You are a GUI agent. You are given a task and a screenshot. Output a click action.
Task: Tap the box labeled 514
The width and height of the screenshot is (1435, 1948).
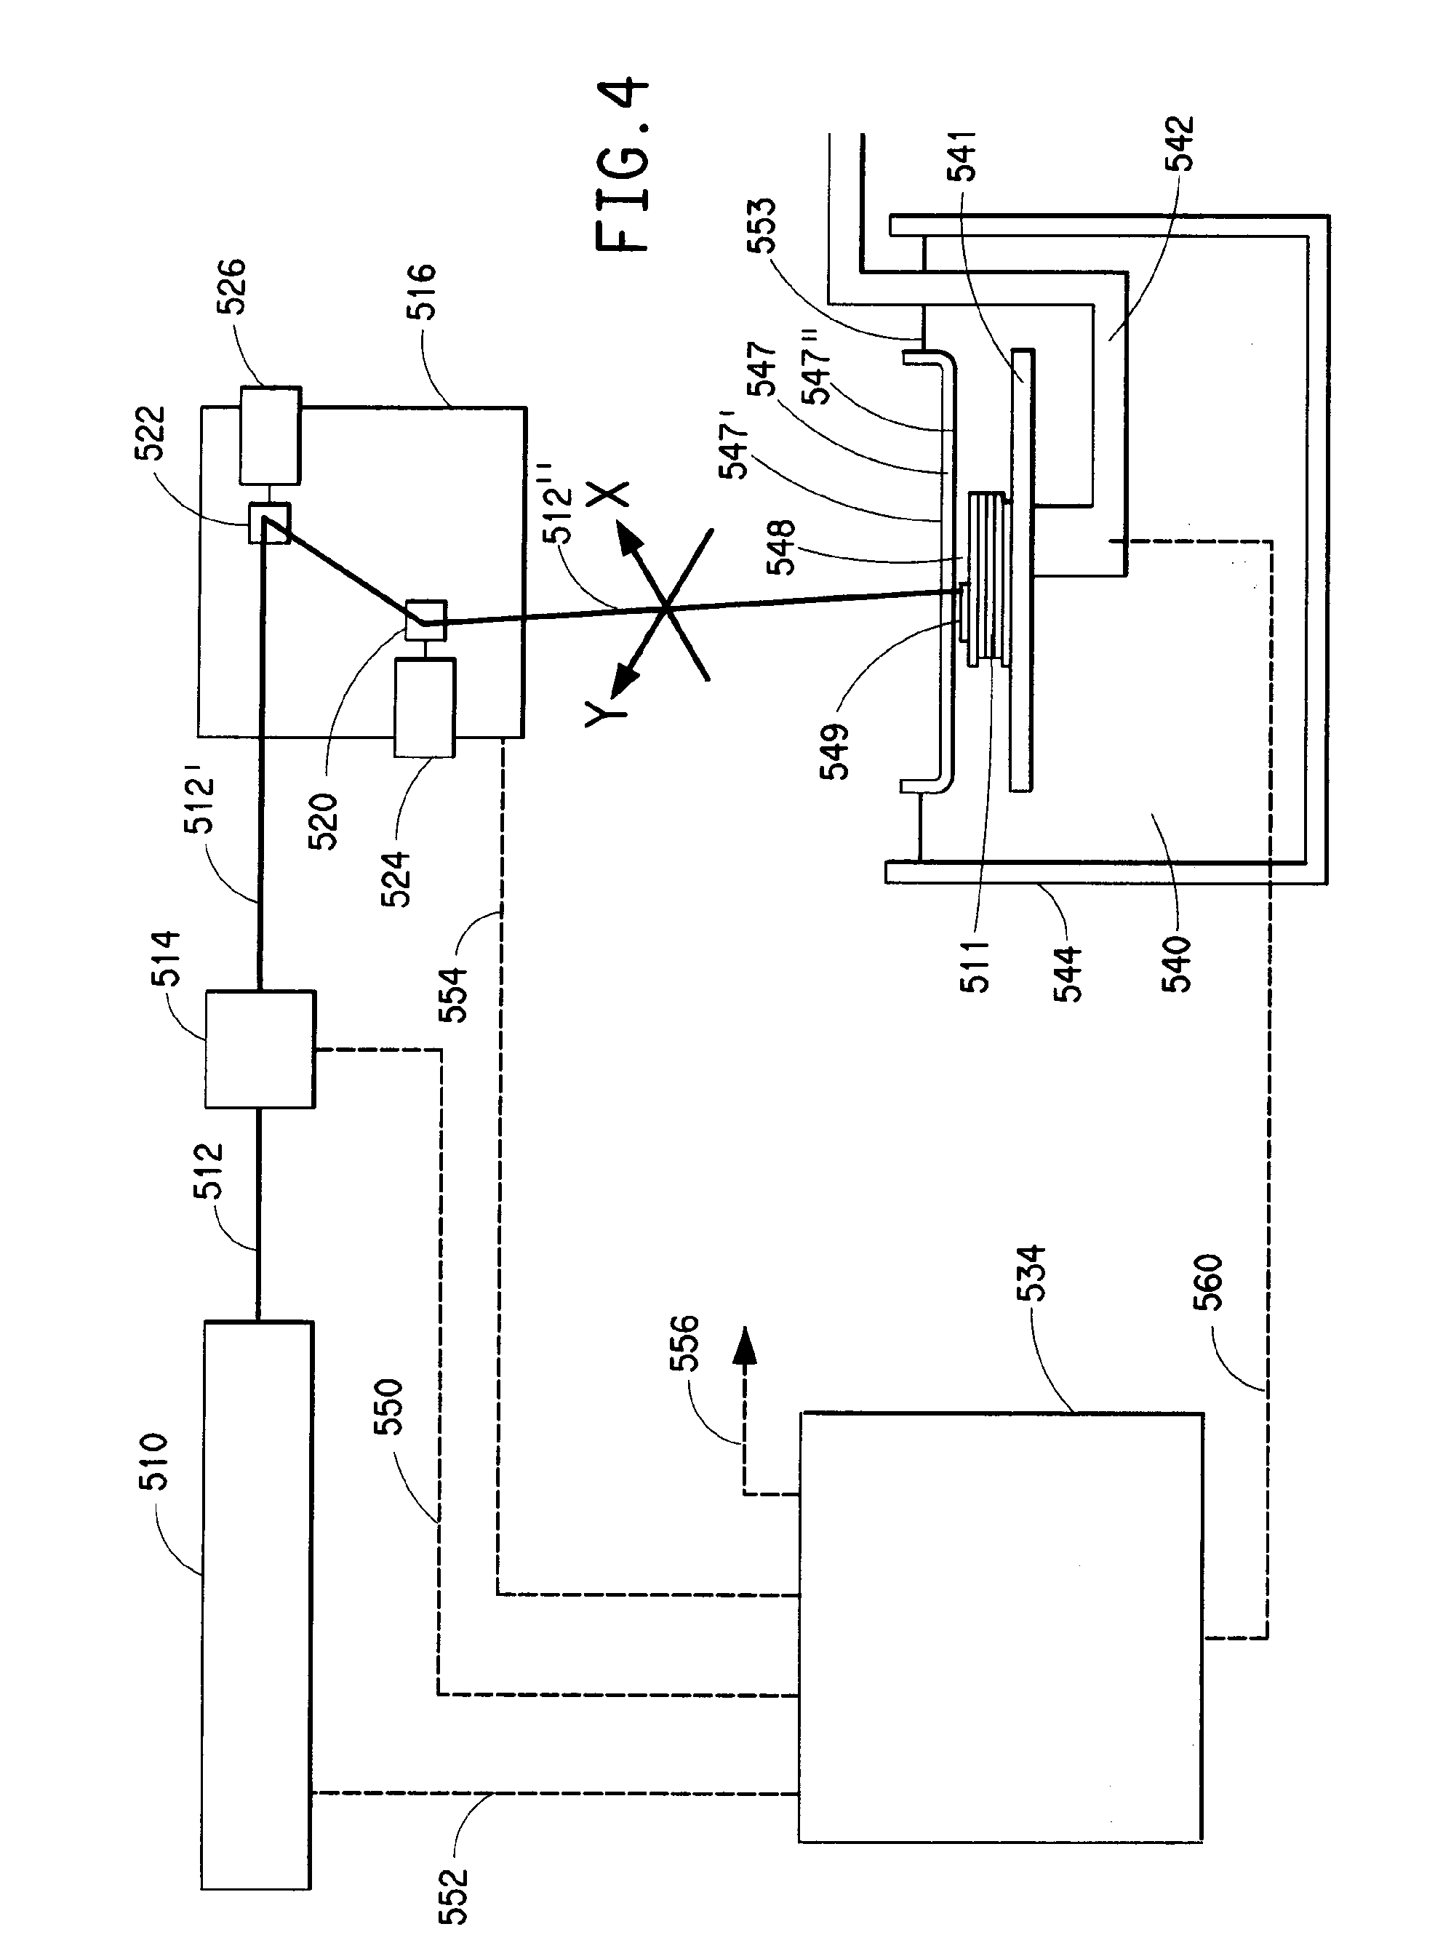(260, 1049)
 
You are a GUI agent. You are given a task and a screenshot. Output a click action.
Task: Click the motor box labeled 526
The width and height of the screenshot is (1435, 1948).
(270, 434)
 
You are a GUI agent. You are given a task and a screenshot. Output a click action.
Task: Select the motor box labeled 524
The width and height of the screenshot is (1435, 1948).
(425, 707)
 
